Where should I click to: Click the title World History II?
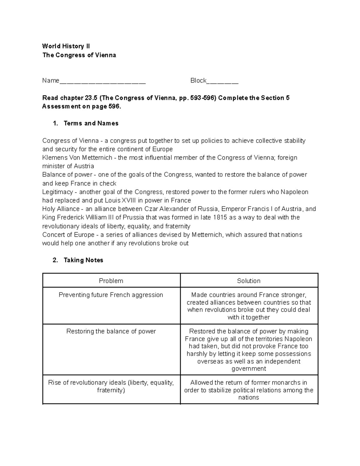tap(66, 46)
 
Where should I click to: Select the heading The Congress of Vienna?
tap(79, 55)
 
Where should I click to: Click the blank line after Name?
tap(103, 81)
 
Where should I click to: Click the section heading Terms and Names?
tap(91, 123)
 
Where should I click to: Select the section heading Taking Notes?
tap(83, 260)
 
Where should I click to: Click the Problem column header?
tap(111, 281)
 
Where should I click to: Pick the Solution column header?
tap(249, 281)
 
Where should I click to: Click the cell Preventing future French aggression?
tap(111, 295)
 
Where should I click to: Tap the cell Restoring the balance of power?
tap(111, 331)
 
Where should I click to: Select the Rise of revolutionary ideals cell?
tap(111, 386)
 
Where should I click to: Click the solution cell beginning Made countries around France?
tap(249, 306)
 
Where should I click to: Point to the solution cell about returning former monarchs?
tap(249, 390)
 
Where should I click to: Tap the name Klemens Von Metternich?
tap(77, 158)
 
